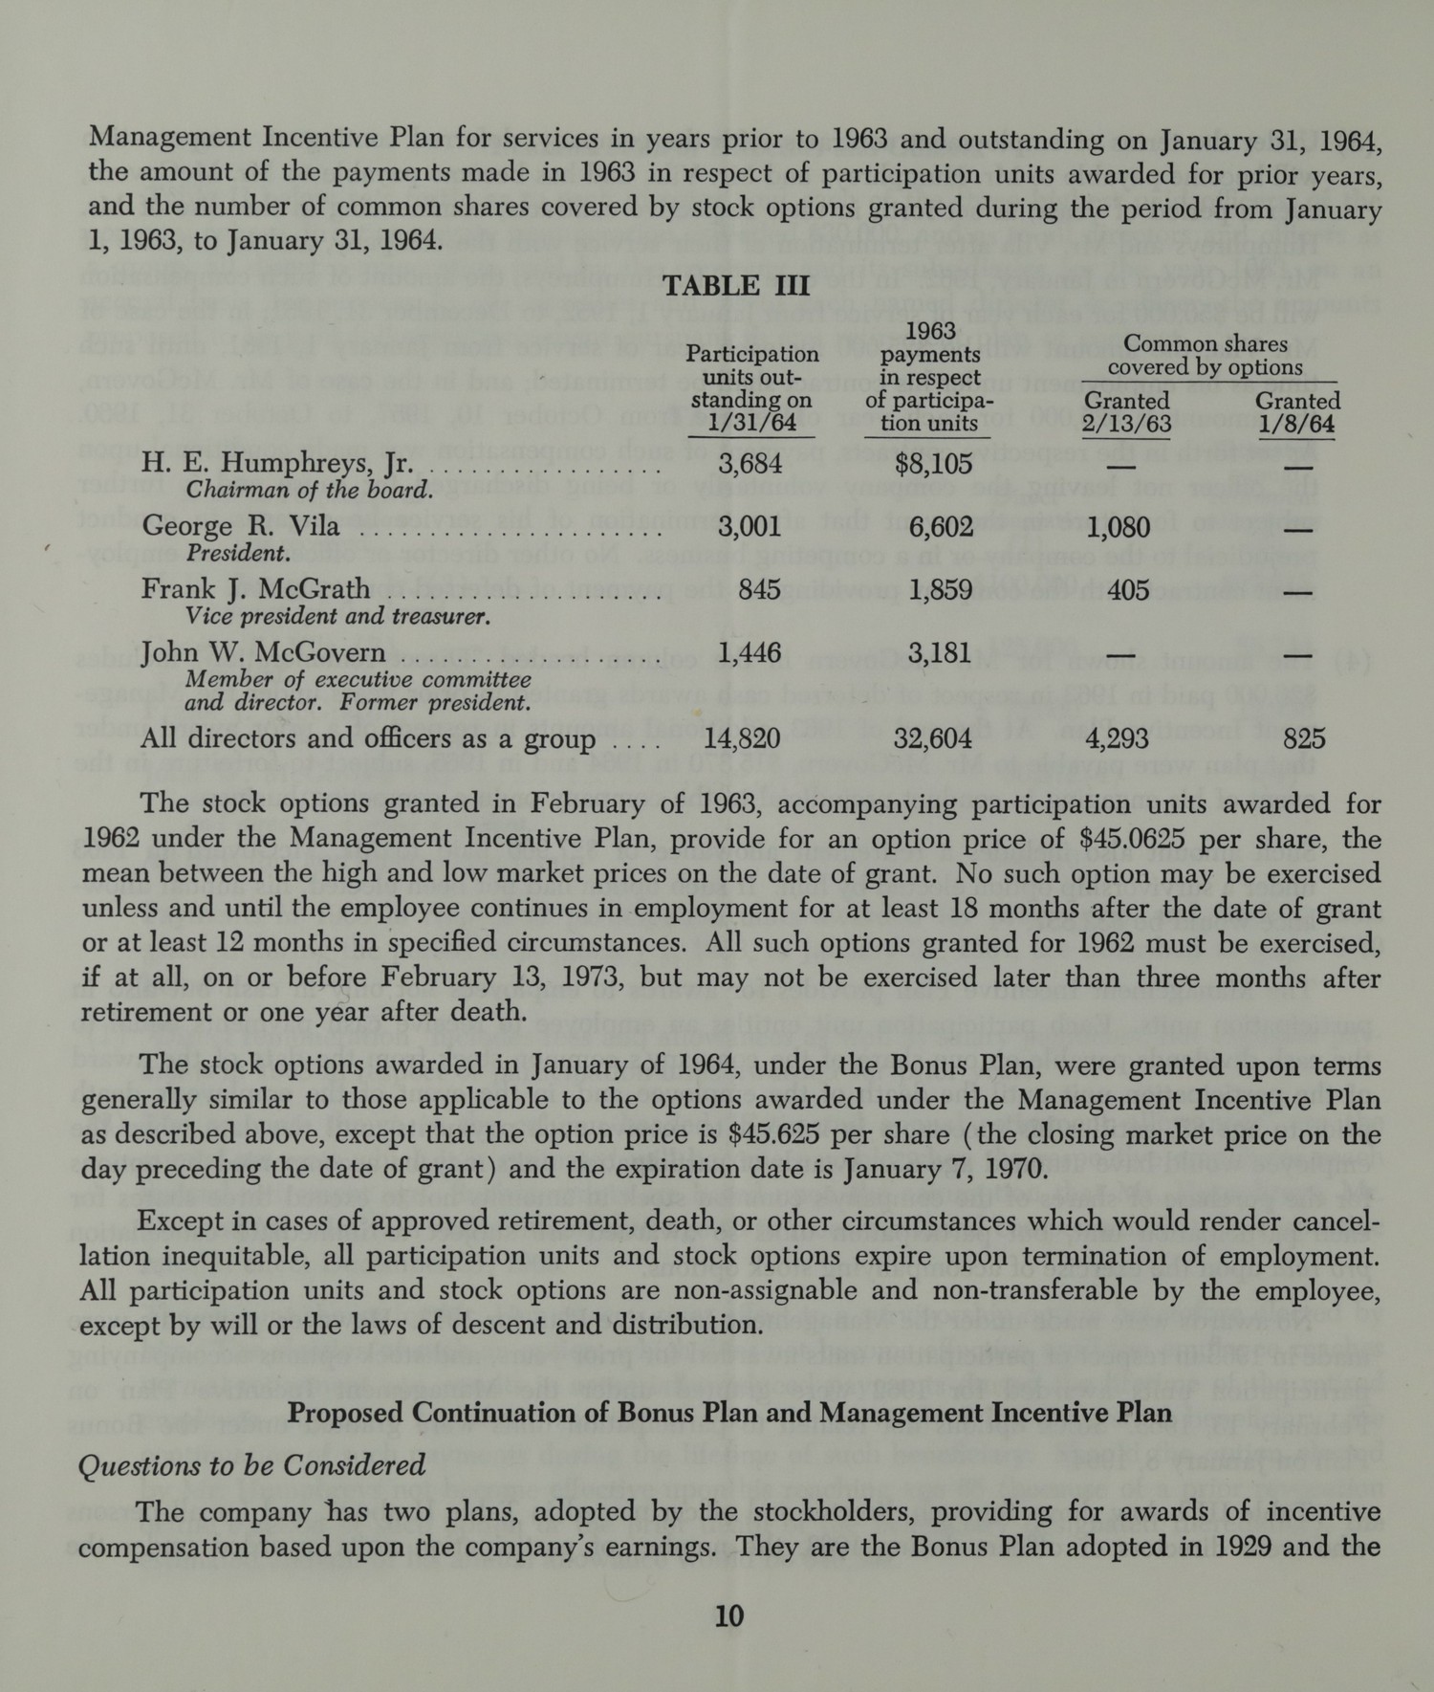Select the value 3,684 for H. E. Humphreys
point(750,464)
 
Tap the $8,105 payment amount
point(933,464)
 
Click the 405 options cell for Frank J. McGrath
point(1128,590)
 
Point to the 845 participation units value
point(760,590)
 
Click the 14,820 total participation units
point(742,738)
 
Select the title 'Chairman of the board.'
point(304,492)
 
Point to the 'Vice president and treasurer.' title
point(337,617)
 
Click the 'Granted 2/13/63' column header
point(1127,412)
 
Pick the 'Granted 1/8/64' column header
point(1297,412)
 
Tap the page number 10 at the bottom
point(728,1615)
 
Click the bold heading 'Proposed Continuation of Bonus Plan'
point(729,1412)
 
